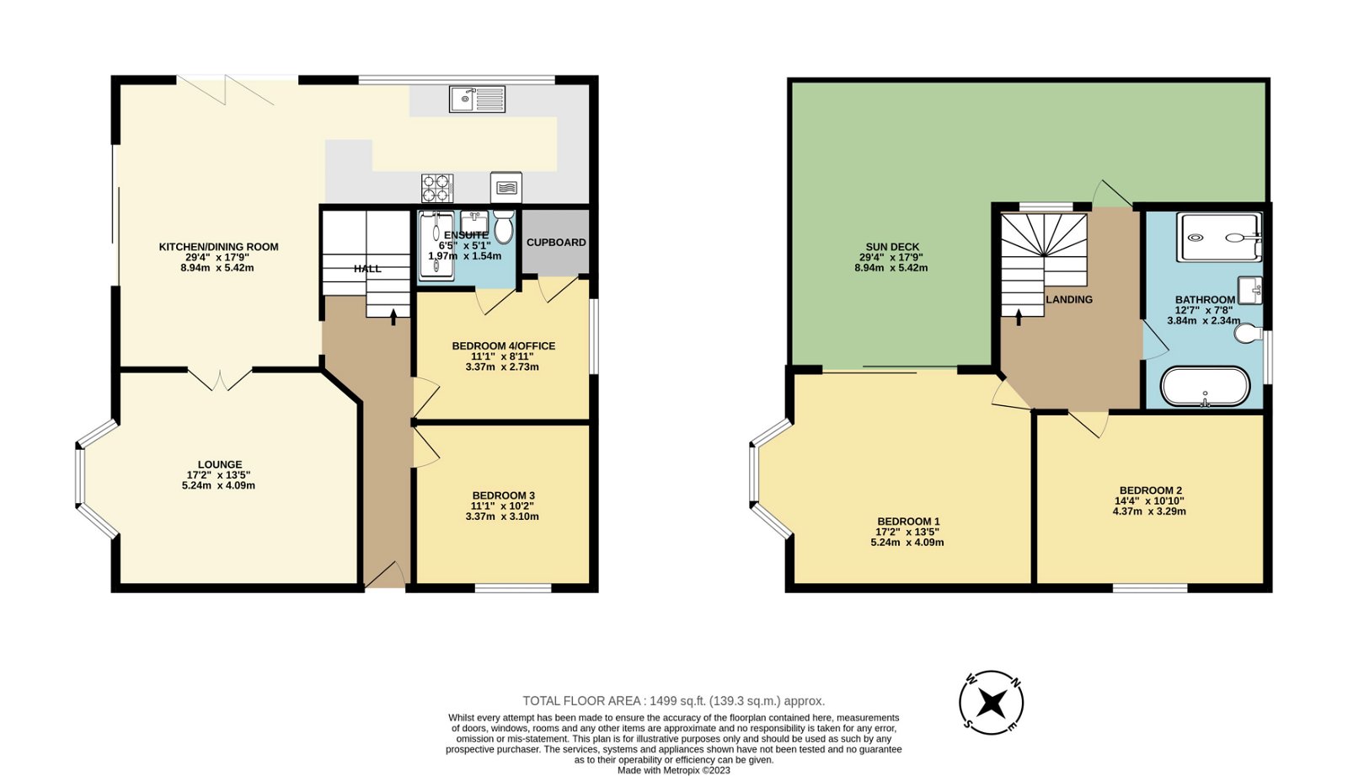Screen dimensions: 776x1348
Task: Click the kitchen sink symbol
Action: [477, 99]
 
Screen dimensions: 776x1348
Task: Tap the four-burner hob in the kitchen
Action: [437, 188]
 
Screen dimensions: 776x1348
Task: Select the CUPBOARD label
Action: [556, 243]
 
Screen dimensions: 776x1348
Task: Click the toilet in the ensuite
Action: [503, 227]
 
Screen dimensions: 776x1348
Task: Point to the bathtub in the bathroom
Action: [1205, 387]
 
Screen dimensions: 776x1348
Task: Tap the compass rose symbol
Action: [992, 703]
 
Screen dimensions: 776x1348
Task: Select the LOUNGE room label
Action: [220, 464]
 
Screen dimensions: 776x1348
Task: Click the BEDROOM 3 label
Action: [503, 495]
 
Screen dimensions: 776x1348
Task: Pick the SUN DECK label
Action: [892, 247]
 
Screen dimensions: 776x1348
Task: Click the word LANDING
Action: [1068, 299]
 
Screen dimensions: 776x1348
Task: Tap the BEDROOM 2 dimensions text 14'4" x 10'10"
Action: [1148, 500]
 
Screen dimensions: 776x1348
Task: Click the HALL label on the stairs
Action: [367, 269]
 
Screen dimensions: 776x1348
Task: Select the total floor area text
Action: [673, 701]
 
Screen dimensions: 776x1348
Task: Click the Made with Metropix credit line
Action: [673, 770]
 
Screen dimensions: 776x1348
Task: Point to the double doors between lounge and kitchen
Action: [219, 380]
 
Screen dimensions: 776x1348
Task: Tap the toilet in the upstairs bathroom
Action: [1246, 335]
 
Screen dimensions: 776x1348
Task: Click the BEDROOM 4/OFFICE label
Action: [503, 345]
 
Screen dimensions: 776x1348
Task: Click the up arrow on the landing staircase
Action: [1019, 315]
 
